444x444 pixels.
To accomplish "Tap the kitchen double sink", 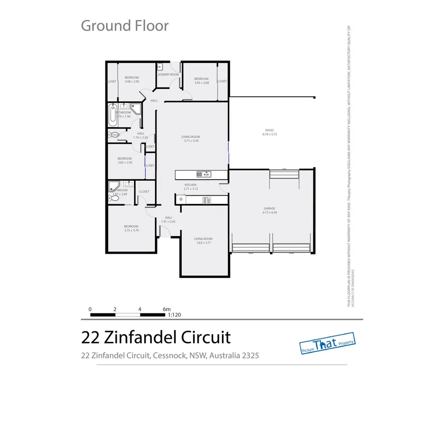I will coord(203,174).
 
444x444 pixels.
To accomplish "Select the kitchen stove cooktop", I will coord(206,200).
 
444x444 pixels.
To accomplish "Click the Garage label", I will coord(269,208).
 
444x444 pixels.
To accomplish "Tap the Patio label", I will coord(269,130).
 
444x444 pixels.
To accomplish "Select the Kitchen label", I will coord(190,185).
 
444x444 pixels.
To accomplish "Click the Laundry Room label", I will coord(168,75).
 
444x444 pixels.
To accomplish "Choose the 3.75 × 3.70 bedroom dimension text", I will coord(132,231).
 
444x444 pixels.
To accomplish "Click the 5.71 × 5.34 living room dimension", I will coord(191,141).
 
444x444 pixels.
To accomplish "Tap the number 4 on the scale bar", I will coord(140,309).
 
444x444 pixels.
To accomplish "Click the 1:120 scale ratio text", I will coord(174,315).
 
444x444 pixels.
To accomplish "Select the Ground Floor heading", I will coord(125,25).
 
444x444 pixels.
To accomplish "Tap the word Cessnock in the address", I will coord(169,356).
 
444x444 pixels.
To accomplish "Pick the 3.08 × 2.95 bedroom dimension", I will coord(132,81).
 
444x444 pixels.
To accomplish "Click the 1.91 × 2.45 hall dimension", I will coord(168,222).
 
